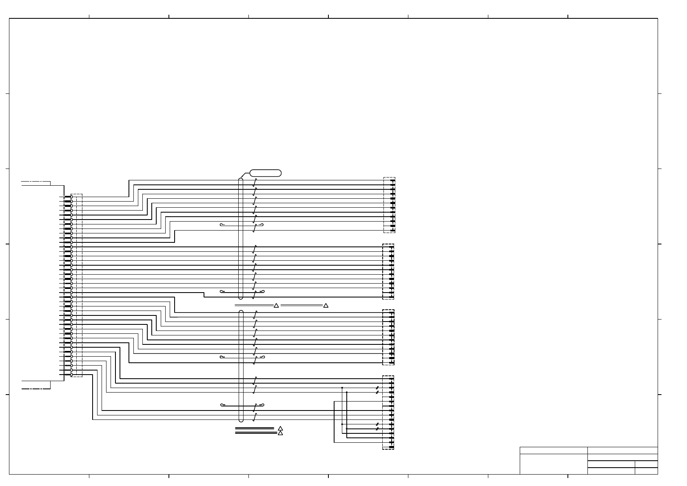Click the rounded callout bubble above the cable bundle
pos(266,173)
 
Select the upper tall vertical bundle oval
pos(241,238)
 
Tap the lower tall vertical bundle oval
pos(241,366)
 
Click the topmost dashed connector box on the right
pos(390,205)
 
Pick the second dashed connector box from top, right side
pos(388,271)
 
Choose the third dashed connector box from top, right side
pos(388,337)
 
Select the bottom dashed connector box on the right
pos(388,412)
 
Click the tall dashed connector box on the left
pos(76,285)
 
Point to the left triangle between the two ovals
pos(276,305)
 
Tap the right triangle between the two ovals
pos(326,305)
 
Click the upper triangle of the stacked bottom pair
pos(280,428)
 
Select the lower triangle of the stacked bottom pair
pos(280,433)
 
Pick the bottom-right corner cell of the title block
pos(646,471)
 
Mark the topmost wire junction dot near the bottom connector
pos(342,388)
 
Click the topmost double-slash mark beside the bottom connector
pos(377,388)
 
